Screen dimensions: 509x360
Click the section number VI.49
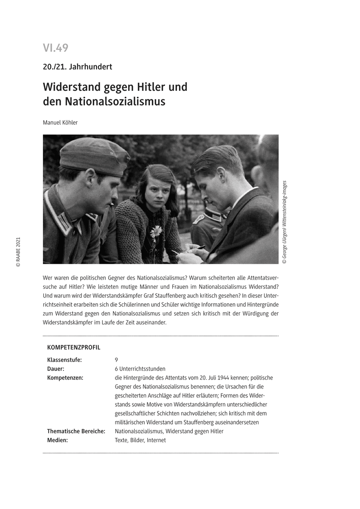(x=56, y=48)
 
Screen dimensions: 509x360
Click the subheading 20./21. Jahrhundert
(x=77, y=67)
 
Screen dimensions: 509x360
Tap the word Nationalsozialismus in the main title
(x=115, y=102)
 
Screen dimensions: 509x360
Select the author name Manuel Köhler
(x=60, y=123)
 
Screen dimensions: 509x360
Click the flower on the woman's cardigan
(x=156, y=232)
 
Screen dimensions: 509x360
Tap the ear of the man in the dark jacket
(x=221, y=174)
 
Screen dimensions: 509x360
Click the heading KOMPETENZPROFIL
(x=74, y=347)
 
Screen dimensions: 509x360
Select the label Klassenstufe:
(x=65, y=360)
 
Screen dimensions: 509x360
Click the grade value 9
(x=116, y=360)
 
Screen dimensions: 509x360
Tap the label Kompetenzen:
(x=65, y=378)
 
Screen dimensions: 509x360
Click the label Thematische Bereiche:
(x=76, y=431)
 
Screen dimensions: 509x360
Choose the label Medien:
(x=58, y=440)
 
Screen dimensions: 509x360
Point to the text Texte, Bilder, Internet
(x=140, y=440)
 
